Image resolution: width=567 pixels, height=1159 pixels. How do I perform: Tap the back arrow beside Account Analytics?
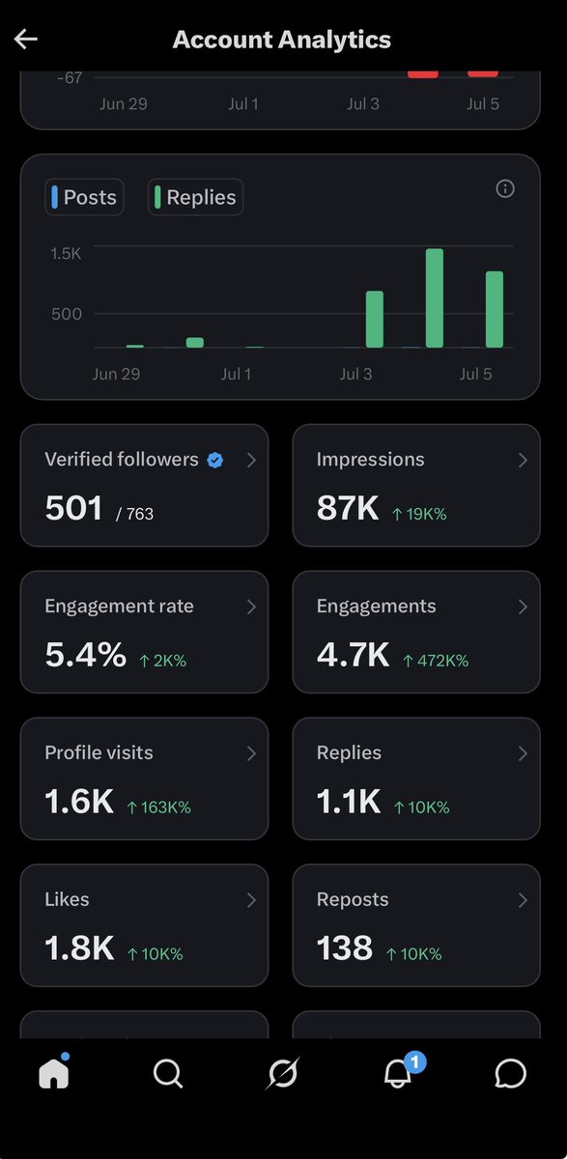click(x=26, y=39)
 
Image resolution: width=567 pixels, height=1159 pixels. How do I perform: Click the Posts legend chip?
click(x=84, y=197)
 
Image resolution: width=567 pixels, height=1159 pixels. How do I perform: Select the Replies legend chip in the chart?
click(x=195, y=197)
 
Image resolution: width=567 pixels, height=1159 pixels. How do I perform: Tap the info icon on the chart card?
click(x=505, y=189)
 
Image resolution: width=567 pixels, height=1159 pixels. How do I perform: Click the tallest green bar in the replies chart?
click(x=435, y=298)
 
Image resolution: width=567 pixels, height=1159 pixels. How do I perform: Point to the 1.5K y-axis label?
click(x=66, y=253)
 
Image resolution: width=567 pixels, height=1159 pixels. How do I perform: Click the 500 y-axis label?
click(x=67, y=314)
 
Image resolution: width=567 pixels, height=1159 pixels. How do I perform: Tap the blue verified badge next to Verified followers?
click(x=215, y=460)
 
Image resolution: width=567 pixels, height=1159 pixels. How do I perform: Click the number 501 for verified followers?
click(x=73, y=508)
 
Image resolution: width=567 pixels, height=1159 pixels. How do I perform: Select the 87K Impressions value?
click(x=348, y=508)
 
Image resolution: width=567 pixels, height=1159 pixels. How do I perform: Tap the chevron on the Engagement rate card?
click(x=251, y=607)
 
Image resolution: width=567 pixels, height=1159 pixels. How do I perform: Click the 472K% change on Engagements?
click(x=436, y=661)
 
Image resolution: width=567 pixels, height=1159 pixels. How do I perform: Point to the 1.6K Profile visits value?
click(x=79, y=802)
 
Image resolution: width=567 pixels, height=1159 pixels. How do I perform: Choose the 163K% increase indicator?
click(x=159, y=807)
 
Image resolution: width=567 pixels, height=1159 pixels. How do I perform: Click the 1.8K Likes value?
click(x=79, y=947)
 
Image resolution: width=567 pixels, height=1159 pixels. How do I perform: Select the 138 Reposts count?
click(x=345, y=947)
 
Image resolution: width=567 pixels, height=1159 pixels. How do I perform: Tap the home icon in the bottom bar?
click(x=54, y=1072)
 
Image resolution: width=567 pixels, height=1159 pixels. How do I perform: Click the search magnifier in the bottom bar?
click(x=168, y=1074)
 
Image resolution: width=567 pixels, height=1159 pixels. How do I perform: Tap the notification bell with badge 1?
click(x=398, y=1073)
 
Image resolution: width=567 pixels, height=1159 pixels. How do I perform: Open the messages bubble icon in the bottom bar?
click(x=511, y=1074)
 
